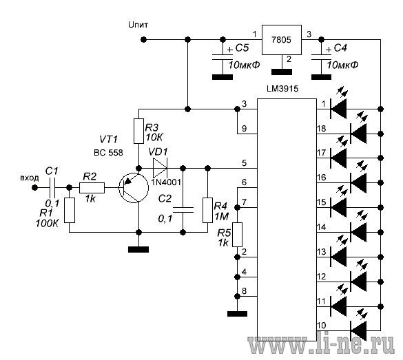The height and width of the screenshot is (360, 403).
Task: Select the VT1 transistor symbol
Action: pos(134,187)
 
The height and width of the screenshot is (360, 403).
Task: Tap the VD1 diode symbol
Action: pos(160,168)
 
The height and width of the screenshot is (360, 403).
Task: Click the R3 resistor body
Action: pos(138,131)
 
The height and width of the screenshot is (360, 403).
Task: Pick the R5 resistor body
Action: pos(237,235)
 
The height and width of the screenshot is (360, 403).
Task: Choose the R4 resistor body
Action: pos(207,210)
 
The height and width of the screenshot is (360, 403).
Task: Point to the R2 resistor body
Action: pos(92,188)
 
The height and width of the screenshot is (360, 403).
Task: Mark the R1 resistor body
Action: pos(70,210)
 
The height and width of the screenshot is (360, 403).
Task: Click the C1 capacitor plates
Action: pos(52,188)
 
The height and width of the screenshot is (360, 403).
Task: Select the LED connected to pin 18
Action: pos(358,134)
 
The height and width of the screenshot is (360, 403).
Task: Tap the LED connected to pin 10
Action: pos(358,330)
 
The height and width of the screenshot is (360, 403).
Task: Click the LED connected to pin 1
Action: pos(338,109)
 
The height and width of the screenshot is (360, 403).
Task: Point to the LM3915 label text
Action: pos(282,89)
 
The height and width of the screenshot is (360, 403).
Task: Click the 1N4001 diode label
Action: pos(166,182)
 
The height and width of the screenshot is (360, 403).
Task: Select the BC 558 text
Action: pos(108,153)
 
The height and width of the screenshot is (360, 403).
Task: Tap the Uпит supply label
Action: pos(138,25)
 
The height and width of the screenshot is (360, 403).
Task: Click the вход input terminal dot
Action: pos(34,188)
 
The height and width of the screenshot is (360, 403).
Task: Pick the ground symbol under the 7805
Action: pos(282,72)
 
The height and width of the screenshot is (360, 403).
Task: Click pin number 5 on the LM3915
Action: pos(244,163)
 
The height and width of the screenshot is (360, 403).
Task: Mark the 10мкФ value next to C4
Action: pos(342,65)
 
